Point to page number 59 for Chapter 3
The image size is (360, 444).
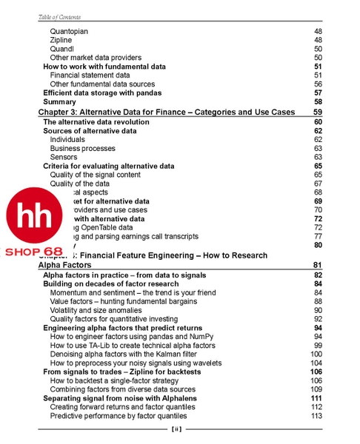317,112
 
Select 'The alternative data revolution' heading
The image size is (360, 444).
96,122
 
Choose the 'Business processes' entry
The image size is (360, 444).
82,148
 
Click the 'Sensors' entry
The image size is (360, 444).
64,157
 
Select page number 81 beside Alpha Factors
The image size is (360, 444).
317,265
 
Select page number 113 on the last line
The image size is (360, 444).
316,416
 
